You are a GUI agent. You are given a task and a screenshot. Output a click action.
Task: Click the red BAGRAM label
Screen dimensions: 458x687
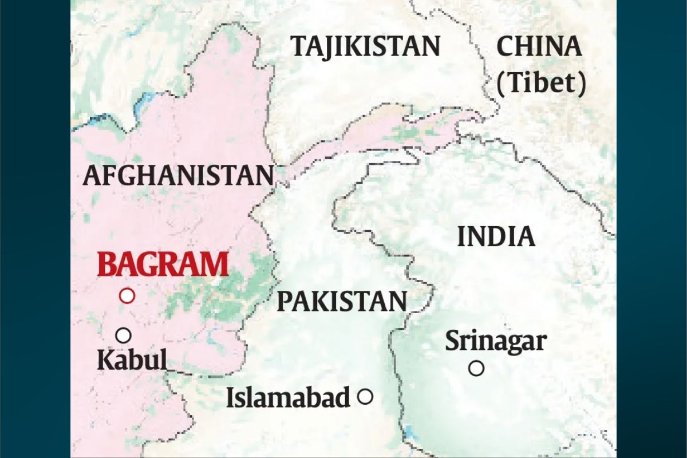pyautogui.click(x=163, y=265)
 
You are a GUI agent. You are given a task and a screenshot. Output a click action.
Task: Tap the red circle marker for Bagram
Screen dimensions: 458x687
pyautogui.click(x=127, y=295)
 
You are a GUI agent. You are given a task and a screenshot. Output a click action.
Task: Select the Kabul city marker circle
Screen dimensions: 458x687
pyautogui.click(x=123, y=335)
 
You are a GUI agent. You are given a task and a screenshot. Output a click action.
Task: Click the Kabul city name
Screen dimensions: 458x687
pyautogui.click(x=132, y=361)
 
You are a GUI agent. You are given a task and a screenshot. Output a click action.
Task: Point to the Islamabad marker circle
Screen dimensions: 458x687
pyautogui.click(x=365, y=396)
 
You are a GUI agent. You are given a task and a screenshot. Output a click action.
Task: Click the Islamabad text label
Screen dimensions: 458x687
pyautogui.click(x=288, y=397)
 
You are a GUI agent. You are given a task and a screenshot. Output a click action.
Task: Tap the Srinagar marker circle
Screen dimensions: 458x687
pyautogui.click(x=476, y=368)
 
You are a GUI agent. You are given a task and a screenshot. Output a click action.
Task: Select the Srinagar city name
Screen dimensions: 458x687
pyautogui.click(x=496, y=341)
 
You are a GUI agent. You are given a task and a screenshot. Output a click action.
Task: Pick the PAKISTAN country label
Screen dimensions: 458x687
pyautogui.click(x=342, y=301)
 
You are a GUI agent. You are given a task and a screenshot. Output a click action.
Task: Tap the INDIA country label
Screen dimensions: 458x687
pyautogui.click(x=496, y=236)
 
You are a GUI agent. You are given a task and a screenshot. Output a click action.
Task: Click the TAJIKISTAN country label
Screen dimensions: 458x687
pyautogui.click(x=366, y=46)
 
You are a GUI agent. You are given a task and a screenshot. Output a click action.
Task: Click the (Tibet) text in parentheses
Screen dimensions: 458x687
pyautogui.click(x=541, y=84)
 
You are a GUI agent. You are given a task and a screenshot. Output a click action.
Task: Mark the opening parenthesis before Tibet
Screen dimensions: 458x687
pyautogui.click(x=501, y=84)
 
